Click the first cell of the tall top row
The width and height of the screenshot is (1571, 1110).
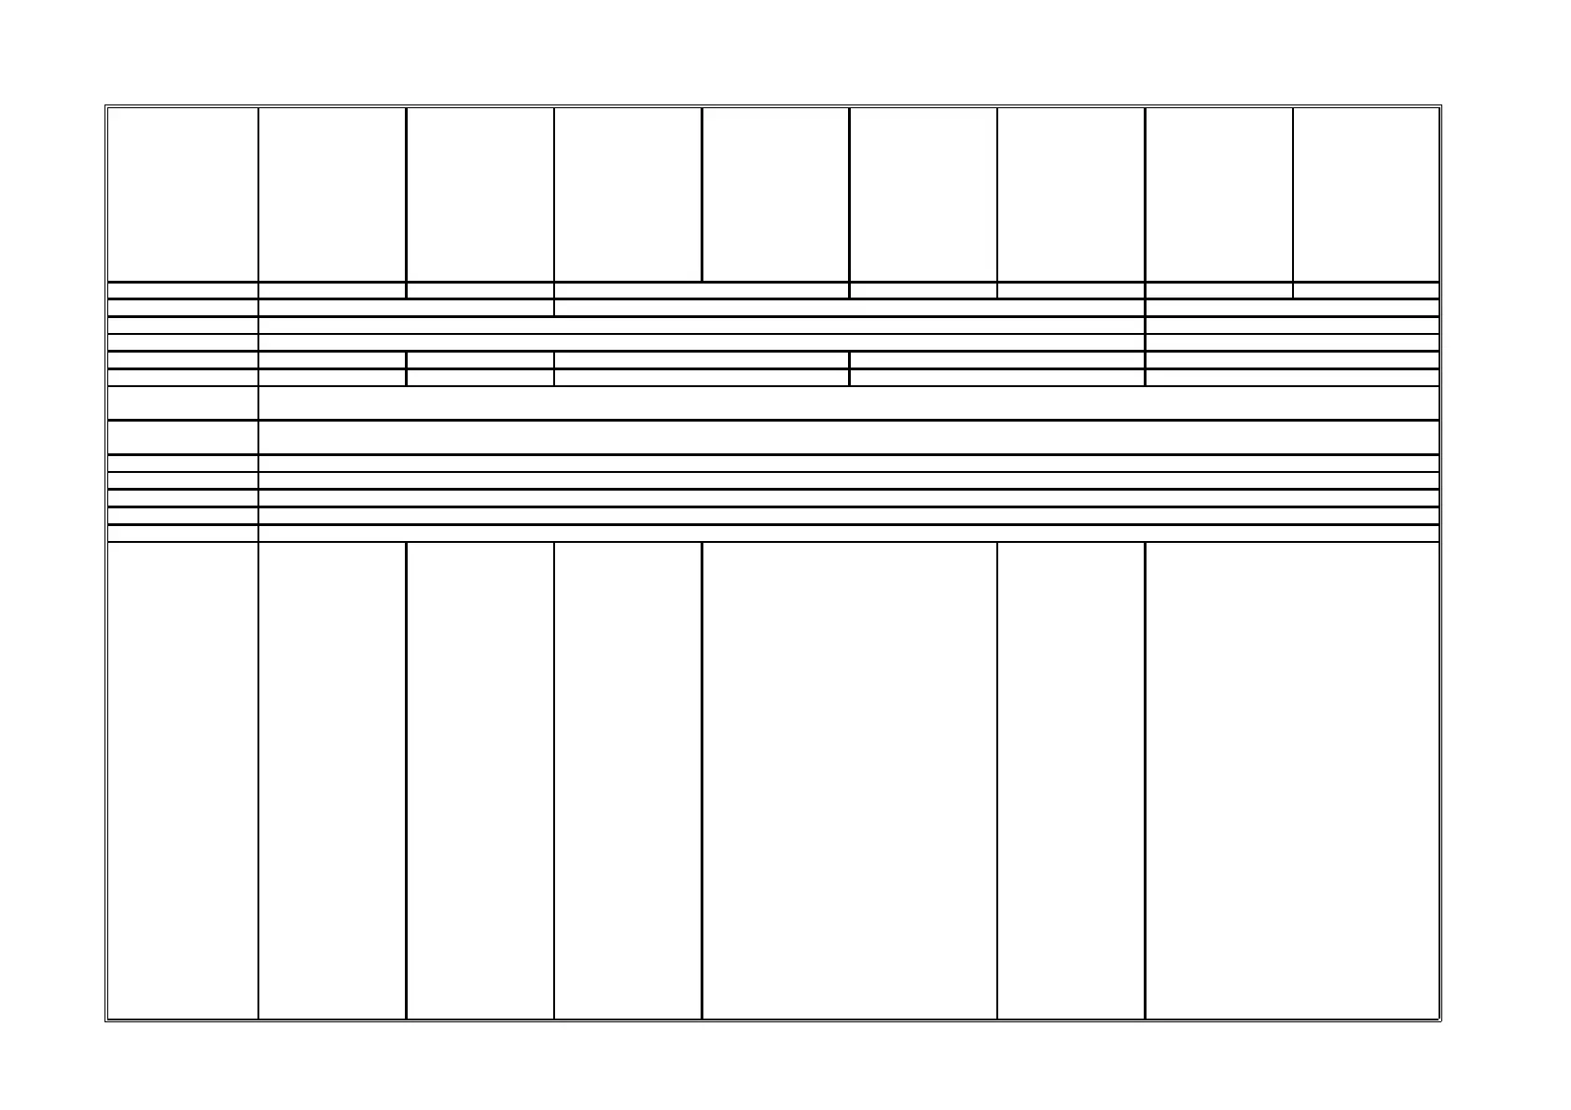click(x=183, y=194)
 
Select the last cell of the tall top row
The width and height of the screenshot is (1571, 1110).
click(x=1366, y=194)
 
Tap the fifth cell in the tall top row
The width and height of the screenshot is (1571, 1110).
click(x=775, y=194)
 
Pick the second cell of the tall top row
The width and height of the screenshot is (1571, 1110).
click(x=332, y=194)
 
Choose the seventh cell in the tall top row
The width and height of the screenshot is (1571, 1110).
click(x=1071, y=194)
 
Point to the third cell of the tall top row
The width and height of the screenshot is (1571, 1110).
click(x=480, y=194)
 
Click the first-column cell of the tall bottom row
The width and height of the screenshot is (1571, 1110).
click(x=183, y=780)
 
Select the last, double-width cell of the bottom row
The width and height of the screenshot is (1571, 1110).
click(x=1292, y=780)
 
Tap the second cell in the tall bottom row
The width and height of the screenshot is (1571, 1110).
click(x=332, y=780)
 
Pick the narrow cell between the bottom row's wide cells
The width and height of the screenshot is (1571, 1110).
click(x=1071, y=780)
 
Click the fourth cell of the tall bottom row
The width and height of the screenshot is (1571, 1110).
click(x=628, y=780)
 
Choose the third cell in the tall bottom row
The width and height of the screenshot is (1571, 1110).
click(x=480, y=780)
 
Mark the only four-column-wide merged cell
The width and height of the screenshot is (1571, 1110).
click(x=849, y=308)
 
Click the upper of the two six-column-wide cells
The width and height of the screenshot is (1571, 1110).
click(x=702, y=325)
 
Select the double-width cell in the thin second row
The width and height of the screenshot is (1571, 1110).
click(x=702, y=290)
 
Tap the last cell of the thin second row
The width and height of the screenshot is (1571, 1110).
click(x=1366, y=290)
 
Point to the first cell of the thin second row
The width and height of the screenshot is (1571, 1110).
click(x=183, y=290)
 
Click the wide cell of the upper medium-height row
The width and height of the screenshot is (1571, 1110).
click(x=849, y=403)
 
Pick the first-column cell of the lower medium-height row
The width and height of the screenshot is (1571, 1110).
click(x=183, y=437)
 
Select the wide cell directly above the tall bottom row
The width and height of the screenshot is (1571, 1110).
click(x=849, y=534)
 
